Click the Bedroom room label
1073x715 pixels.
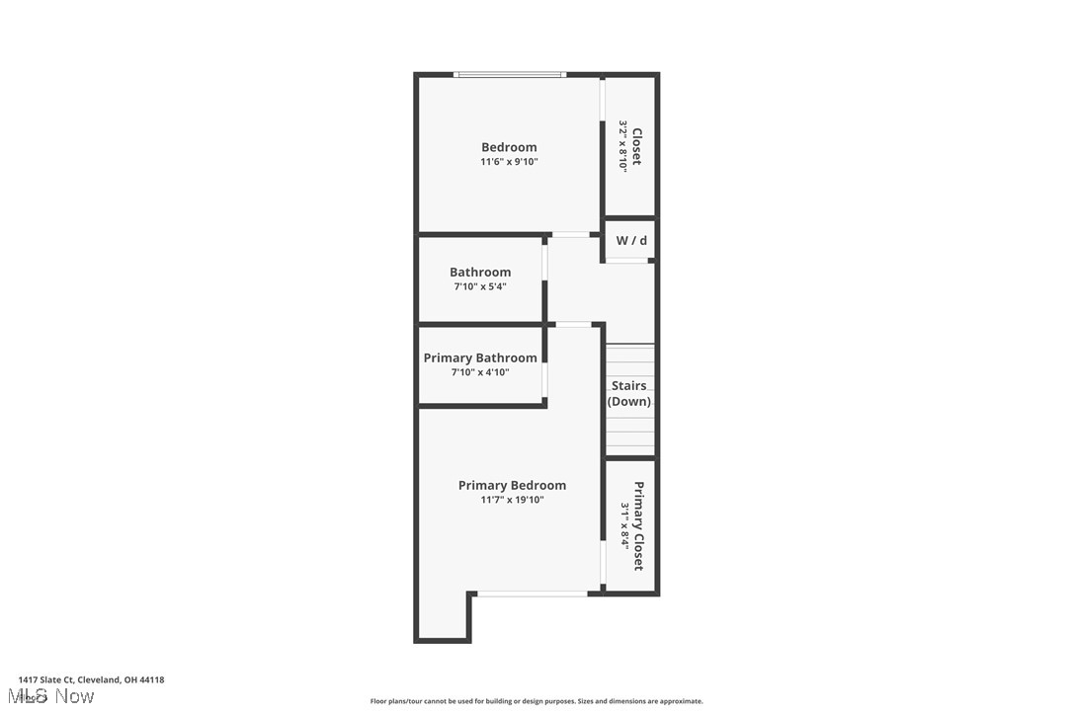pyautogui.click(x=509, y=147)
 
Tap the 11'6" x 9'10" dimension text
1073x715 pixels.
pyautogui.click(x=509, y=162)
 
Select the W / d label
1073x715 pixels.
pyautogui.click(x=631, y=241)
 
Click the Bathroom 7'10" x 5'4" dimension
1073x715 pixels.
pyautogui.click(x=480, y=287)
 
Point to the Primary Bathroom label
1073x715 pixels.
pyautogui.click(x=480, y=357)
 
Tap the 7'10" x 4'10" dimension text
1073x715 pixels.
pyautogui.click(x=480, y=372)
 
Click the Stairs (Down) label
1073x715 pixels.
pyautogui.click(x=629, y=393)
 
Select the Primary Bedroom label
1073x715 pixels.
pyautogui.click(x=512, y=485)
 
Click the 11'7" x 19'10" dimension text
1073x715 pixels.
pyautogui.click(x=512, y=500)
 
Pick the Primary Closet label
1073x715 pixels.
pyautogui.click(x=638, y=525)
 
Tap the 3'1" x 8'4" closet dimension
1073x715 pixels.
pyautogui.click(x=624, y=525)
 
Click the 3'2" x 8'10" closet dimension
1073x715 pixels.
pyautogui.click(x=623, y=146)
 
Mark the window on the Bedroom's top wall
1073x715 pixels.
pyautogui.click(x=509, y=74)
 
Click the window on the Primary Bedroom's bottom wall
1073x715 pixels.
pyautogui.click(x=533, y=594)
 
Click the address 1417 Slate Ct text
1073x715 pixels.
pyautogui.click(x=91, y=679)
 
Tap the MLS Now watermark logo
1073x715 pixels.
pyautogui.click(x=55, y=697)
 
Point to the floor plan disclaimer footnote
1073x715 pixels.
pyautogui.click(x=536, y=701)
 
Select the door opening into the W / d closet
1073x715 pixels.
pyautogui.click(x=627, y=261)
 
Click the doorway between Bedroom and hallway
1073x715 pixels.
pyautogui.click(x=570, y=235)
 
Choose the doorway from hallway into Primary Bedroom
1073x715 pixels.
pyautogui.click(x=573, y=324)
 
